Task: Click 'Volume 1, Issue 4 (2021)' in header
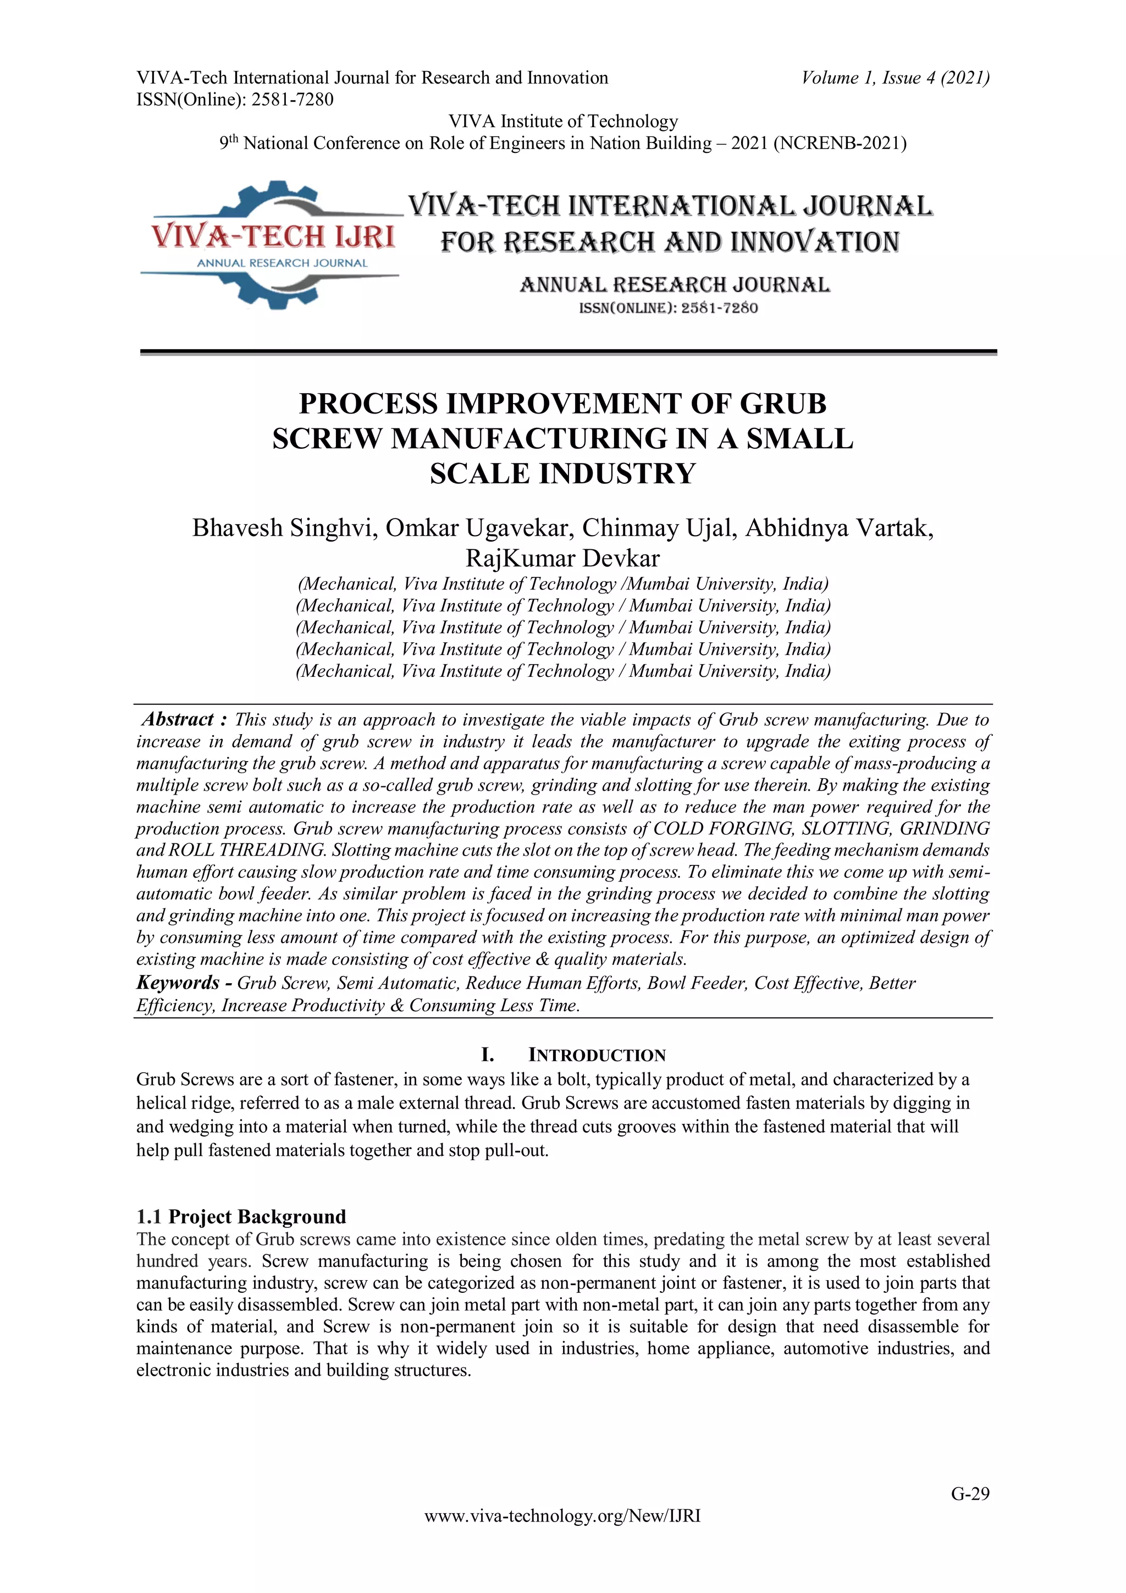coord(895,78)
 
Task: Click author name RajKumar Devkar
coord(562,558)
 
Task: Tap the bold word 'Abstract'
coord(178,719)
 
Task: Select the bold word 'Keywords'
coord(178,983)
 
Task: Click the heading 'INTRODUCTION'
coord(597,1055)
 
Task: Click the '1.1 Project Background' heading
coord(241,1217)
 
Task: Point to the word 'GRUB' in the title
coord(783,404)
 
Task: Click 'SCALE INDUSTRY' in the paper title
coord(562,474)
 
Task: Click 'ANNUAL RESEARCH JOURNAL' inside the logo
coord(281,263)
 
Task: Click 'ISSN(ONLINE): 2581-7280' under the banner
coord(668,308)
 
